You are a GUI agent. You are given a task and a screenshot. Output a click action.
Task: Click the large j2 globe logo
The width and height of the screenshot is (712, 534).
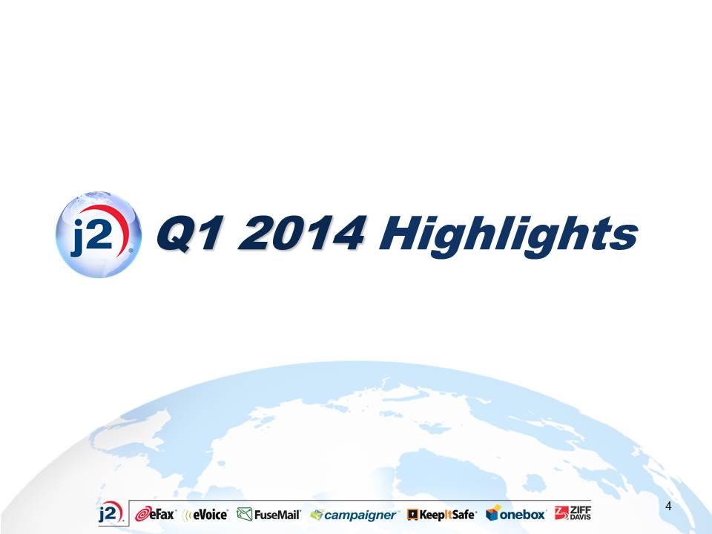pos(99,234)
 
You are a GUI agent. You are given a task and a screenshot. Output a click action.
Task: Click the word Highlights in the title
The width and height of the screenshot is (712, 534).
pos(509,236)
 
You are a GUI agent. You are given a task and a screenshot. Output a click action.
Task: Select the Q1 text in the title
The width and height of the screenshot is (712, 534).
pos(191,234)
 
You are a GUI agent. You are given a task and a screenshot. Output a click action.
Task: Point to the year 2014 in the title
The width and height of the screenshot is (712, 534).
pos(301,232)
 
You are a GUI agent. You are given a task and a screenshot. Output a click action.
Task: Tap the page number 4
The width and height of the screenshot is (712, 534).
pos(668,506)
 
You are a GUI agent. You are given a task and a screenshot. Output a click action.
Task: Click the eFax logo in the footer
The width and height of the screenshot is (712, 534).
pos(155,514)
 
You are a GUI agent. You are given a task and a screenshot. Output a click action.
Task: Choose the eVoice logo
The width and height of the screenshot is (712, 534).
pos(205,515)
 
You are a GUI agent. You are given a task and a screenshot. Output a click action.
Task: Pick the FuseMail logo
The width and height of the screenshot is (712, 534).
pos(268,515)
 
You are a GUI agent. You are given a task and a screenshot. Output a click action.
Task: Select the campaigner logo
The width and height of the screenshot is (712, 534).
pos(353,515)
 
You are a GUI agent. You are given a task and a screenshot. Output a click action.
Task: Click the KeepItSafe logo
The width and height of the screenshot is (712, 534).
pos(442,515)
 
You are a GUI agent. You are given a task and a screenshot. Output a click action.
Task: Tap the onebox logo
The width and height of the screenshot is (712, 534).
pos(515,513)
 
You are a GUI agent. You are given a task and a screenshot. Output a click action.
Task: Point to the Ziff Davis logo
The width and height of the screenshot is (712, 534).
pos(573,513)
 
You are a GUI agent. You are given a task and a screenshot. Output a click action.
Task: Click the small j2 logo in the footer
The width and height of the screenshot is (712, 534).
pos(111,513)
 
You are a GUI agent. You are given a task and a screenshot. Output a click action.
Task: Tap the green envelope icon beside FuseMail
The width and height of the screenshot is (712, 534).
pos(244,514)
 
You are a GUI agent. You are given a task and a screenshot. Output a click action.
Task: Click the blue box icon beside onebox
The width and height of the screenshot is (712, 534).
pos(492,512)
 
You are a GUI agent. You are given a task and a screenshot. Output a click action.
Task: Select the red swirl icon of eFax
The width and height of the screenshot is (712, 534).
pos(142,514)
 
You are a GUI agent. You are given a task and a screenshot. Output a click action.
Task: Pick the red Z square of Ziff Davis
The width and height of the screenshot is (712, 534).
pos(561,513)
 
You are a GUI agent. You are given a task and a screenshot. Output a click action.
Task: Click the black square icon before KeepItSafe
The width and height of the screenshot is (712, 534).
pos(412,515)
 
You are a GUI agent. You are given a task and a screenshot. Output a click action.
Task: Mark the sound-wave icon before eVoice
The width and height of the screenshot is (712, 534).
pos(187,515)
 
